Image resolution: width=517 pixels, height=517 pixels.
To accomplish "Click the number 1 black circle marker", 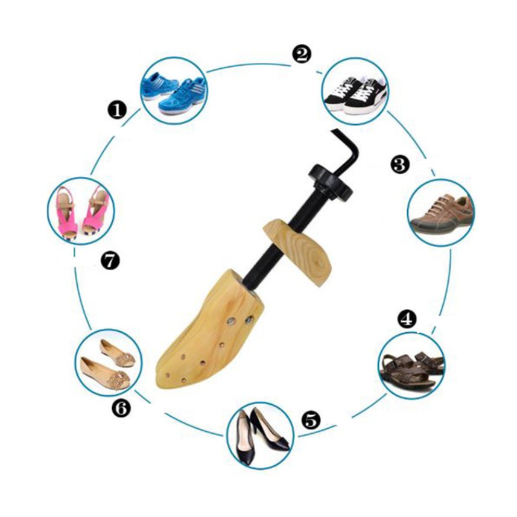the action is [x=117, y=110].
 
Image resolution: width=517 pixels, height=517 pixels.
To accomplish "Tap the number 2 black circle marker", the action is [x=302, y=54].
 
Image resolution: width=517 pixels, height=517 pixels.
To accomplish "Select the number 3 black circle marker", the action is [x=400, y=164].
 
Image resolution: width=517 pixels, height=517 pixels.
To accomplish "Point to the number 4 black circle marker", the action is [x=407, y=318].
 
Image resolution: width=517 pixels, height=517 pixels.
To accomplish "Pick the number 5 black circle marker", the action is [x=311, y=420].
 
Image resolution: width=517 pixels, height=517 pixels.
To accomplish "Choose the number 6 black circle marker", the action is [x=121, y=408].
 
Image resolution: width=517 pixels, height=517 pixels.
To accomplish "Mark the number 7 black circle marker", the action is [x=110, y=261].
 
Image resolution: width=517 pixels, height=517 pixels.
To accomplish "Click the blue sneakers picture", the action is [x=174, y=90].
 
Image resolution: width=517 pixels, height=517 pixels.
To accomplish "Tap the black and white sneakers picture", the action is [x=355, y=91].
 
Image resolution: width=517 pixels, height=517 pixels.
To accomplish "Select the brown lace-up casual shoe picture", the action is [x=442, y=213].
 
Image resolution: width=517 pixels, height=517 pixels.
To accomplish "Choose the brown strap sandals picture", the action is [x=411, y=366].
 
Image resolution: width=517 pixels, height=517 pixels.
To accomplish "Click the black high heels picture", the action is [x=261, y=435].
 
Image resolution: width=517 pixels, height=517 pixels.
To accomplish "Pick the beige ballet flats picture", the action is [x=109, y=362].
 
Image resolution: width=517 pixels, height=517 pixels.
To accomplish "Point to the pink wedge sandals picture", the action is [x=81, y=211].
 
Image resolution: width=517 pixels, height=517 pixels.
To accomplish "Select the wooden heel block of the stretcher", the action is [x=297, y=249].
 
